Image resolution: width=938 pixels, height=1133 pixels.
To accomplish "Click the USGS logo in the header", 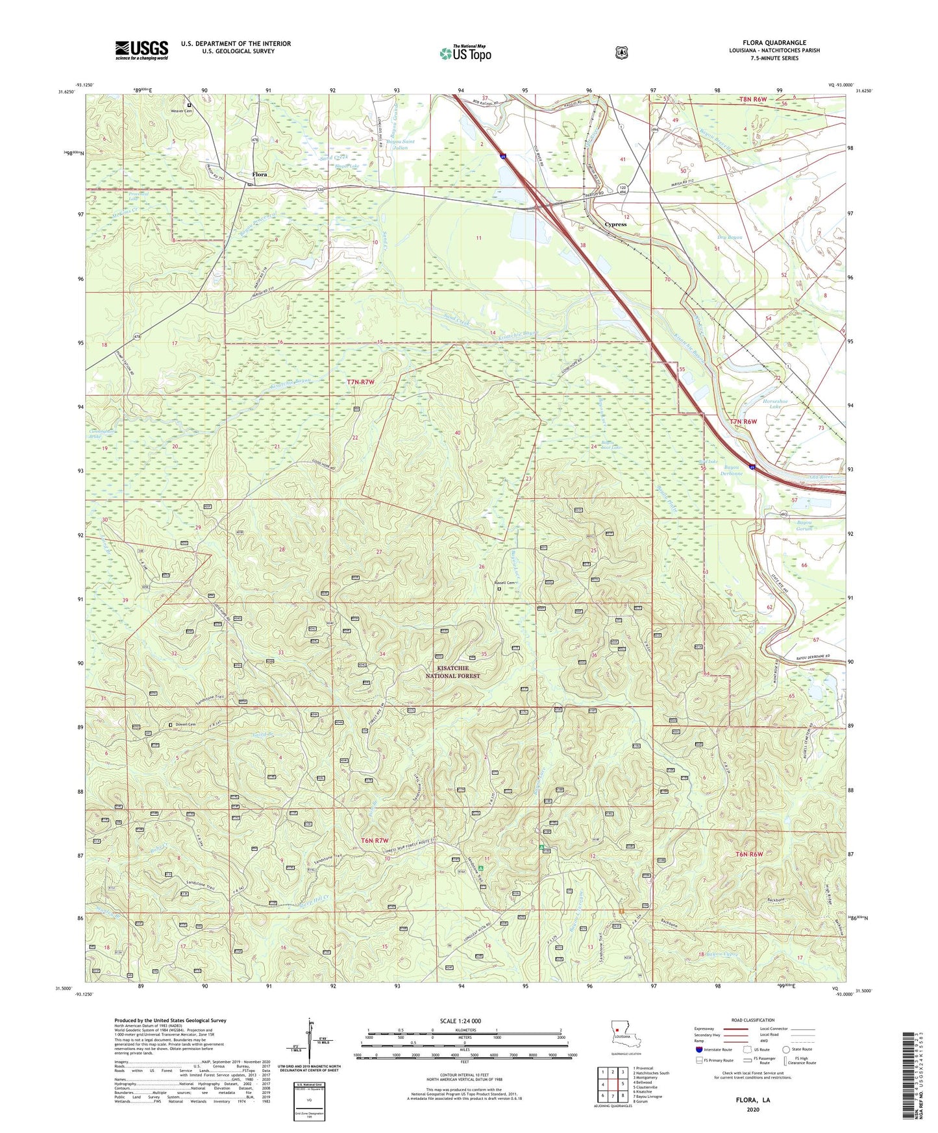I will point(142,50).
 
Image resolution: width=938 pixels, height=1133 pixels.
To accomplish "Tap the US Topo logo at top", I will point(465,53).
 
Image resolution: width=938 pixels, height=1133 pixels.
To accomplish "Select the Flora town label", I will point(260,175).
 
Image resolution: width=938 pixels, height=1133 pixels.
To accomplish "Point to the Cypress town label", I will point(615,225).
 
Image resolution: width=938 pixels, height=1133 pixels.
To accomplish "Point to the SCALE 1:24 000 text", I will point(460,1021).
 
